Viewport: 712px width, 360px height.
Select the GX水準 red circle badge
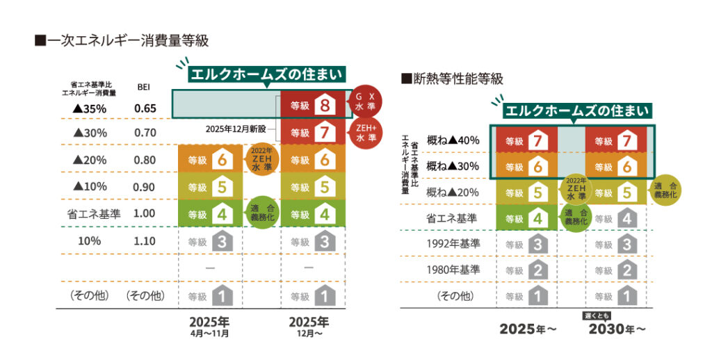(364, 102)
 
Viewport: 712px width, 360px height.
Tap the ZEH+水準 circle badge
(364, 133)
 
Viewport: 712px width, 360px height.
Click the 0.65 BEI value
(144, 108)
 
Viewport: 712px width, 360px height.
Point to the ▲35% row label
(89, 108)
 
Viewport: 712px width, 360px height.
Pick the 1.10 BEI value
(144, 241)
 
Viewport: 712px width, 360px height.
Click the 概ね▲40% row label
(453, 140)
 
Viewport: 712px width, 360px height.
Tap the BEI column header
(143, 88)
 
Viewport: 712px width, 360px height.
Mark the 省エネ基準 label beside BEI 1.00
(89, 214)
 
